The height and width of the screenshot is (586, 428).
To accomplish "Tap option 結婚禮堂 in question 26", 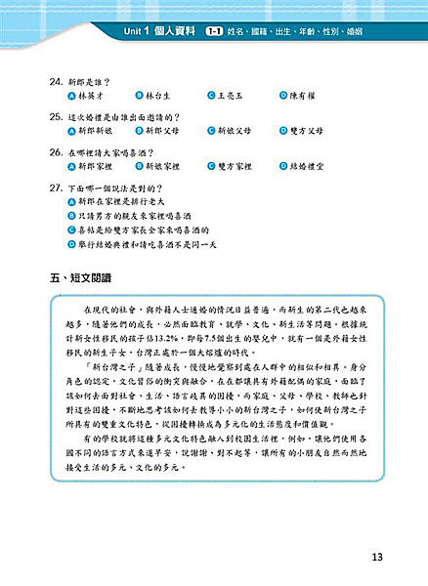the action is pos(310,168).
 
